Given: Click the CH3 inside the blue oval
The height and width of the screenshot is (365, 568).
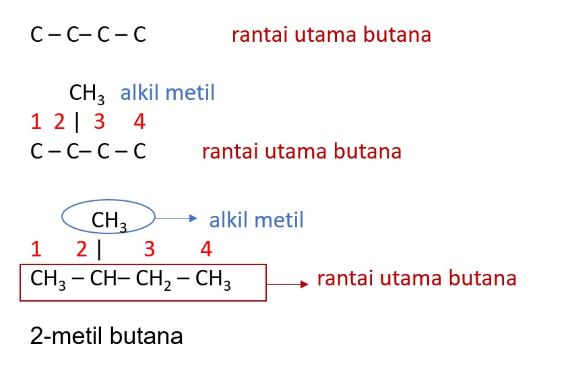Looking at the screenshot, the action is pyautogui.click(x=109, y=219).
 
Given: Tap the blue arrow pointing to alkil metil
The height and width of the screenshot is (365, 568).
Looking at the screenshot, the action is pyautogui.click(x=177, y=218).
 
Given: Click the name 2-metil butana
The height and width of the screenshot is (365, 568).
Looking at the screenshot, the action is pyautogui.click(x=106, y=335).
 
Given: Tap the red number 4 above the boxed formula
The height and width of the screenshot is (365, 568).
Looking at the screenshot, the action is pyautogui.click(x=206, y=250).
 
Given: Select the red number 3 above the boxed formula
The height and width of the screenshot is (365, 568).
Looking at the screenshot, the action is pyautogui.click(x=149, y=250).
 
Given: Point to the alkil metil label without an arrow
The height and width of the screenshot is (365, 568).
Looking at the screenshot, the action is pyautogui.click(x=168, y=92).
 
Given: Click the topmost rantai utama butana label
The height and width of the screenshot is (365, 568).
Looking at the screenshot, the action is pyautogui.click(x=331, y=34).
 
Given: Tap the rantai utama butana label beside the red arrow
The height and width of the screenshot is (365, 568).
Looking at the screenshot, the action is pyautogui.click(x=416, y=278).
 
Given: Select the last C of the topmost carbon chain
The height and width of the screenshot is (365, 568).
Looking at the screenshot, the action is pyautogui.click(x=139, y=35).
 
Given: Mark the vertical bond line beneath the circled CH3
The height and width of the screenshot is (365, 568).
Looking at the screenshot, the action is pyautogui.click(x=99, y=250).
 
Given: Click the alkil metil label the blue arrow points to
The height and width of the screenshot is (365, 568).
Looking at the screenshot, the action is pyautogui.click(x=256, y=219).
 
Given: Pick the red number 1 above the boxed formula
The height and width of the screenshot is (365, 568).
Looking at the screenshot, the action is pyautogui.click(x=36, y=250).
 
